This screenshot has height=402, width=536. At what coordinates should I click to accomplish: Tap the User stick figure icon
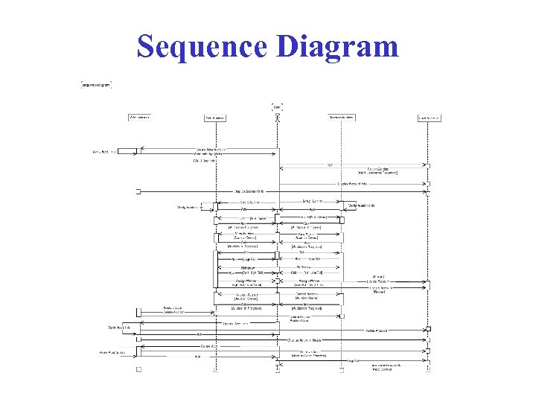tap(278, 118)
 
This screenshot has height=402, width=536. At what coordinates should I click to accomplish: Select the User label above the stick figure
tap(278, 106)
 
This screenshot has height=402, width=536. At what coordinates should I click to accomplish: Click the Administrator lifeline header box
tap(139, 117)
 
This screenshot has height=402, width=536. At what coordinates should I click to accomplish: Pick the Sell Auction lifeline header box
tap(214, 117)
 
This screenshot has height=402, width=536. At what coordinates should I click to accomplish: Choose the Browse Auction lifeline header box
tap(342, 117)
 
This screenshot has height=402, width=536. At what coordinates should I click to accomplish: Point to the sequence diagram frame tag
tap(96, 85)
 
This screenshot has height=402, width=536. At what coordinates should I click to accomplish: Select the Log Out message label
tap(356, 361)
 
